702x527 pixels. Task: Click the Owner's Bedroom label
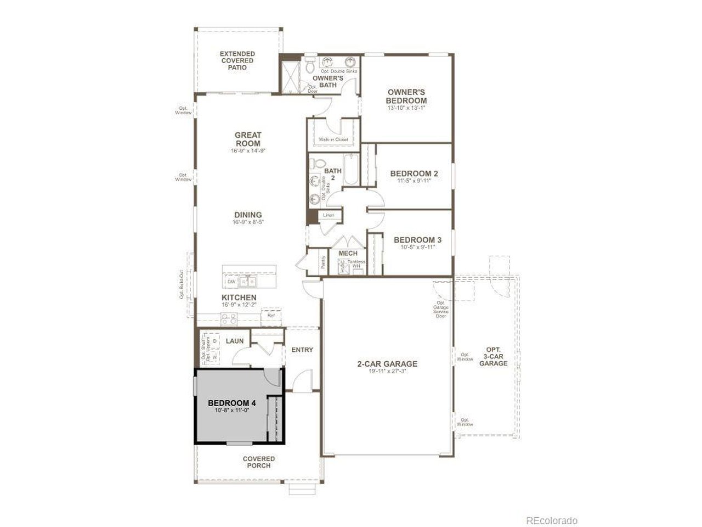click(x=406, y=97)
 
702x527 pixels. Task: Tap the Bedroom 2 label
click(x=414, y=174)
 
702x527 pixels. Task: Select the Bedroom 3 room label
click(x=417, y=240)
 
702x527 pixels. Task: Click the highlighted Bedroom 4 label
click(x=232, y=403)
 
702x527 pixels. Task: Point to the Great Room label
click(x=248, y=139)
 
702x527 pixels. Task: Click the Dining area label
click(x=248, y=215)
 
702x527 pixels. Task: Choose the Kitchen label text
click(x=239, y=298)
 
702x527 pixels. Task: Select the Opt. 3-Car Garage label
click(x=493, y=356)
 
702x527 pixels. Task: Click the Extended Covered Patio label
click(x=237, y=60)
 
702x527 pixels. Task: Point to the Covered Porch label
click(x=259, y=462)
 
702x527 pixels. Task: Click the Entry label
click(x=302, y=350)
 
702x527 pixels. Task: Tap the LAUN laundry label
click(x=235, y=341)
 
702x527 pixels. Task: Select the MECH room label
click(x=348, y=253)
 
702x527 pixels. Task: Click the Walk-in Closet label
click(x=333, y=139)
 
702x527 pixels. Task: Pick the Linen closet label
click(x=329, y=215)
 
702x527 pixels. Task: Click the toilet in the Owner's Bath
click(x=310, y=66)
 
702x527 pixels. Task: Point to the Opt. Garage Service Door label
click(x=441, y=309)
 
